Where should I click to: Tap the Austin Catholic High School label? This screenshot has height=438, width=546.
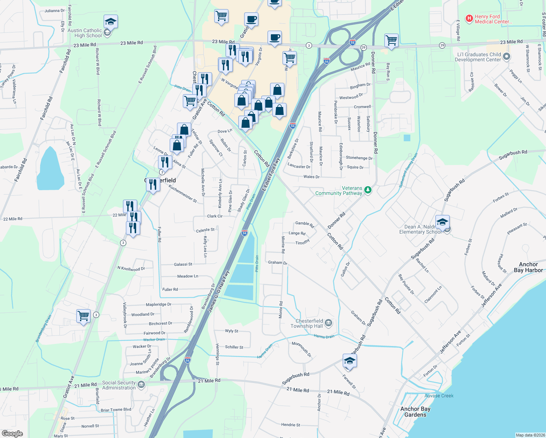[x=85, y=33]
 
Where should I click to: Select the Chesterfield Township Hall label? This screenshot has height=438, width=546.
[x=307, y=323]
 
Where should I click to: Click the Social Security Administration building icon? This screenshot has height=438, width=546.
[x=141, y=385]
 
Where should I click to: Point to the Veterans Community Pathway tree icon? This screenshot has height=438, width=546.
[x=368, y=190]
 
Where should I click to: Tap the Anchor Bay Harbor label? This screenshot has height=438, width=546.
[x=528, y=267]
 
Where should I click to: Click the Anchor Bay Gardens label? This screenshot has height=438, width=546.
[x=415, y=412]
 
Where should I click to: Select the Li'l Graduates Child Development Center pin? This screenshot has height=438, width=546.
[x=506, y=57]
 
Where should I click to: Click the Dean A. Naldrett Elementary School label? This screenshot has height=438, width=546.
[x=420, y=229]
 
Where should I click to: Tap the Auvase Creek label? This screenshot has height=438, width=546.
[x=439, y=396]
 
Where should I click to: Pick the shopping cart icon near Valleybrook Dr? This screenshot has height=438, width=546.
[x=84, y=315]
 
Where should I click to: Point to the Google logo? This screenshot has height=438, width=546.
[x=12, y=434]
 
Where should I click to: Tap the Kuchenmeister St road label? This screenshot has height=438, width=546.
[x=182, y=194]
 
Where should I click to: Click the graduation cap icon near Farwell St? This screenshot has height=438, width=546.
[x=350, y=361]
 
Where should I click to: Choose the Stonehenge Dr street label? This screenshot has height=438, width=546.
[x=359, y=158]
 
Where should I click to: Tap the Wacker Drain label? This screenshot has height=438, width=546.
[x=154, y=339]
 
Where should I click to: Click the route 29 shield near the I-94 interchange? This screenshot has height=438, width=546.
[x=364, y=47]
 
